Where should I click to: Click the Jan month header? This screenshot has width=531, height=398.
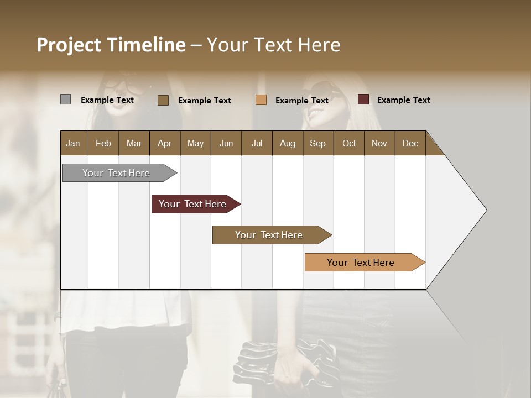pos(74,143)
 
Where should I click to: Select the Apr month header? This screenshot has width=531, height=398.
pos(165,143)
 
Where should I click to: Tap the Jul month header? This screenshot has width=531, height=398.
pos(257,143)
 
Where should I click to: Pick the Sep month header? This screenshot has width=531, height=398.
pos(317,143)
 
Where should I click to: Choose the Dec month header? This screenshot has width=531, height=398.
pos(410,143)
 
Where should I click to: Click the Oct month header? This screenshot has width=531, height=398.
pos(348,143)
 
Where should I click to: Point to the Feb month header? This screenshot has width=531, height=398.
pos(103,143)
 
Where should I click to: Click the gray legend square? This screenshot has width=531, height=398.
pos(65,99)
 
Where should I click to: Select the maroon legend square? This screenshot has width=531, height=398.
pos(363,99)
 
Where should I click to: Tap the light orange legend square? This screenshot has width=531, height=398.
pos(261,100)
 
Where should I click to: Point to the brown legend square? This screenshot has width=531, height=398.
pos(163,100)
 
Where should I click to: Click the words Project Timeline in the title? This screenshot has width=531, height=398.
pos(111,45)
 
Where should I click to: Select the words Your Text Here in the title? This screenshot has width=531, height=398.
pos(273,45)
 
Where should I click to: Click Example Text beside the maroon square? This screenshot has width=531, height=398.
pos(403,100)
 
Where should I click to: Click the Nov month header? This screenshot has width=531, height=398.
pos(379,143)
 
